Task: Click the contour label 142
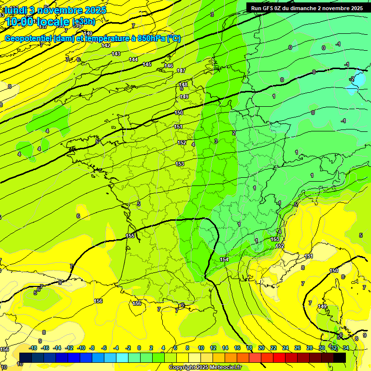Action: (x=106, y=46)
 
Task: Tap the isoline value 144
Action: (x=133, y=59)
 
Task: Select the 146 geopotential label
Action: (x=169, y=66)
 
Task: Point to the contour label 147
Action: (x=181, y=71)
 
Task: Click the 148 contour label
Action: (x=183, y=85)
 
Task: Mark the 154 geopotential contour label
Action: (x=224, y=260)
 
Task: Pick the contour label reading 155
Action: (x=130, y=236)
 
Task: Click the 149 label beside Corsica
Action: (x=322, y=307)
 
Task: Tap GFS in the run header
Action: (x=268, y=8)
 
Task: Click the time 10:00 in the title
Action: (x=20, y=22)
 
